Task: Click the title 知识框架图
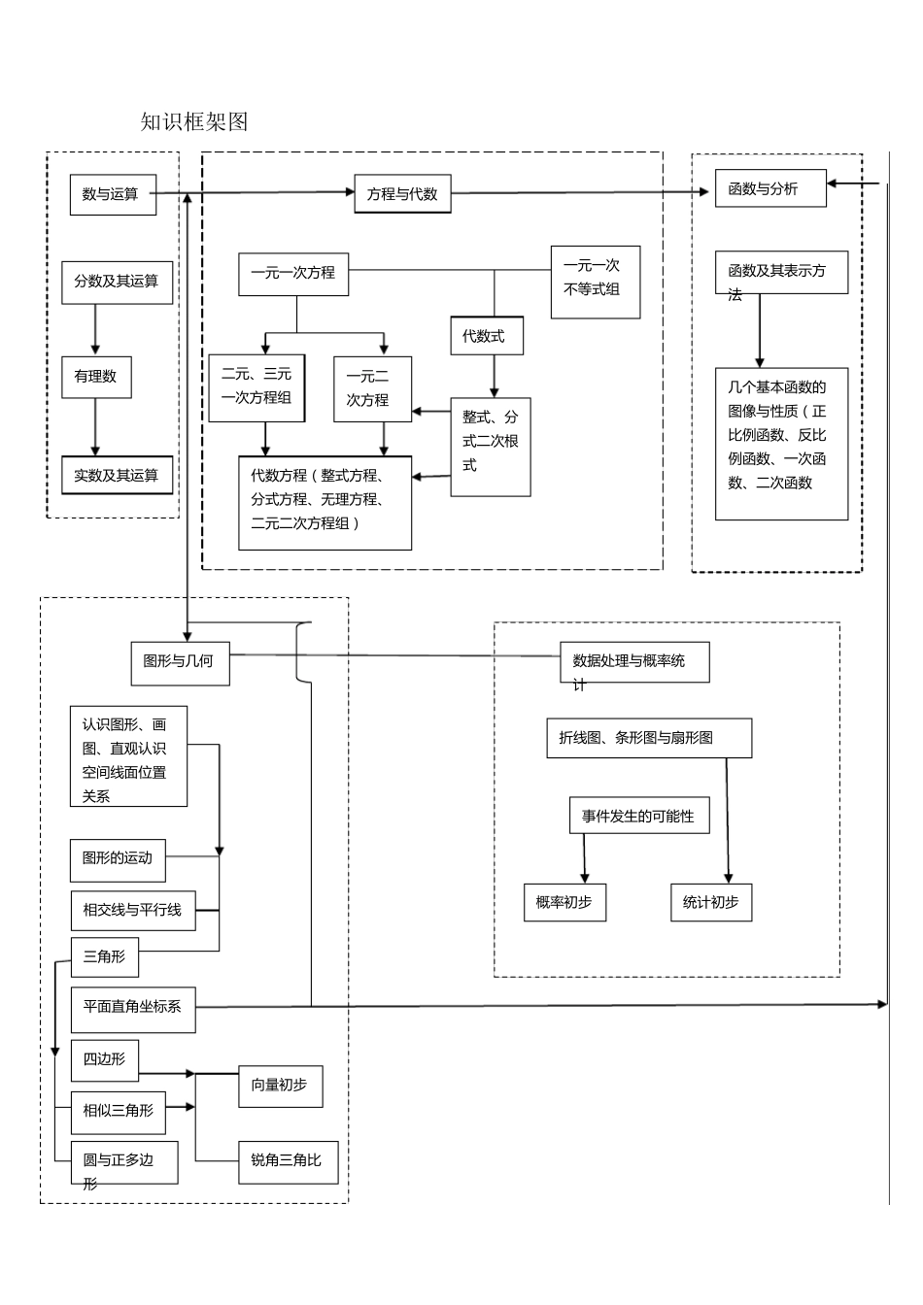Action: [x=194, y=121]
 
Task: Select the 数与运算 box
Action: [x=113, y=194]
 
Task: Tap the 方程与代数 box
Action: [x=402, y=194]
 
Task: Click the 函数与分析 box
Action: [x=770, y=189]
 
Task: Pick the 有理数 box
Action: [x=96, y=377]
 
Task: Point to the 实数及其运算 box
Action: [x=117, y=475]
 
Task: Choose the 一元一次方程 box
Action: [x=293, y=274]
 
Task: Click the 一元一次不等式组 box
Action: [x=595, y=282]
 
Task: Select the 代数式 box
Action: [x=486, y=336]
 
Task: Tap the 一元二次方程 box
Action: [x=372, y=388]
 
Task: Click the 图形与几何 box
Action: [x=180, y=662]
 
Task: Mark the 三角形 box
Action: [x=105, y=957]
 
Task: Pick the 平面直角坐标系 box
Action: [x=133, y=1008]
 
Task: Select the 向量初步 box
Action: [x=281, y=1087]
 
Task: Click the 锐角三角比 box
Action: [x=289, y=1161]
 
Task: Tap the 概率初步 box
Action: [x=564, y=902]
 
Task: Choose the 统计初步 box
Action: [x=711, y=902]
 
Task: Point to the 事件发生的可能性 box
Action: [x=638, y=816]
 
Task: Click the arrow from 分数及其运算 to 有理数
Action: [x=95, y=329]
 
